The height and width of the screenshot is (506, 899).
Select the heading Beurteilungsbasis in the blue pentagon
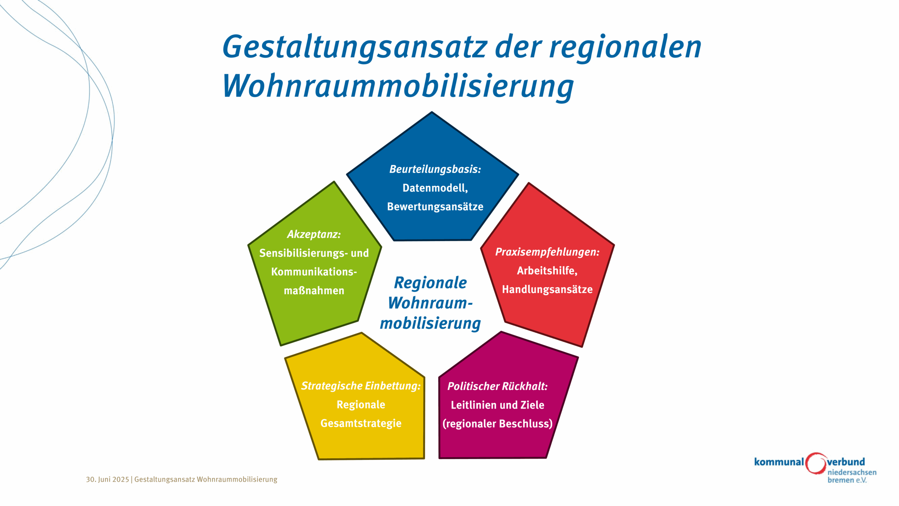pos(435,169)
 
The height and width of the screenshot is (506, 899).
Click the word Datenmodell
pos(435,188)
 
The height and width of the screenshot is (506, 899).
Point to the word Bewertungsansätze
pos(435,207)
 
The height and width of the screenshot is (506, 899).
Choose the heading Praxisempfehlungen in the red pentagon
pos(547,252)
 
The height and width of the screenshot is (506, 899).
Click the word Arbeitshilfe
pos(547,271)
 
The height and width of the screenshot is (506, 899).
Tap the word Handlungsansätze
pos(547,290)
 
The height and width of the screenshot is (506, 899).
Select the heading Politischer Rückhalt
pos(497,386)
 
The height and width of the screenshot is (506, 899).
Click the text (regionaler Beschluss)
pos(497,424)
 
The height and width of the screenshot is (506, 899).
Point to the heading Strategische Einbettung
pos(361,386)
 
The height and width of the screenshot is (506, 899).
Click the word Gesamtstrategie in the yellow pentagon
pos(361,423)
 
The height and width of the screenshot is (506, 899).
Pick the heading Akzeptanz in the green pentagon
pos(314,234)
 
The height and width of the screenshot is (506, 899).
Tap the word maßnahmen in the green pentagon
pos(314,291)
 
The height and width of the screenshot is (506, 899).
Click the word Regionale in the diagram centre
pos(430,283)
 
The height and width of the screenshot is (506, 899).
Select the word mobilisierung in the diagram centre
pos(430,323)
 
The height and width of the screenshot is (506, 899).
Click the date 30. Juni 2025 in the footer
pos(107,479)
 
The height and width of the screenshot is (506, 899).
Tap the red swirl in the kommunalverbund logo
pos(815,463)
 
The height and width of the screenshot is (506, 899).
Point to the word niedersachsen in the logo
pos(852,472)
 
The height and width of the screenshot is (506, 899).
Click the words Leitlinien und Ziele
pos(497,405)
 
